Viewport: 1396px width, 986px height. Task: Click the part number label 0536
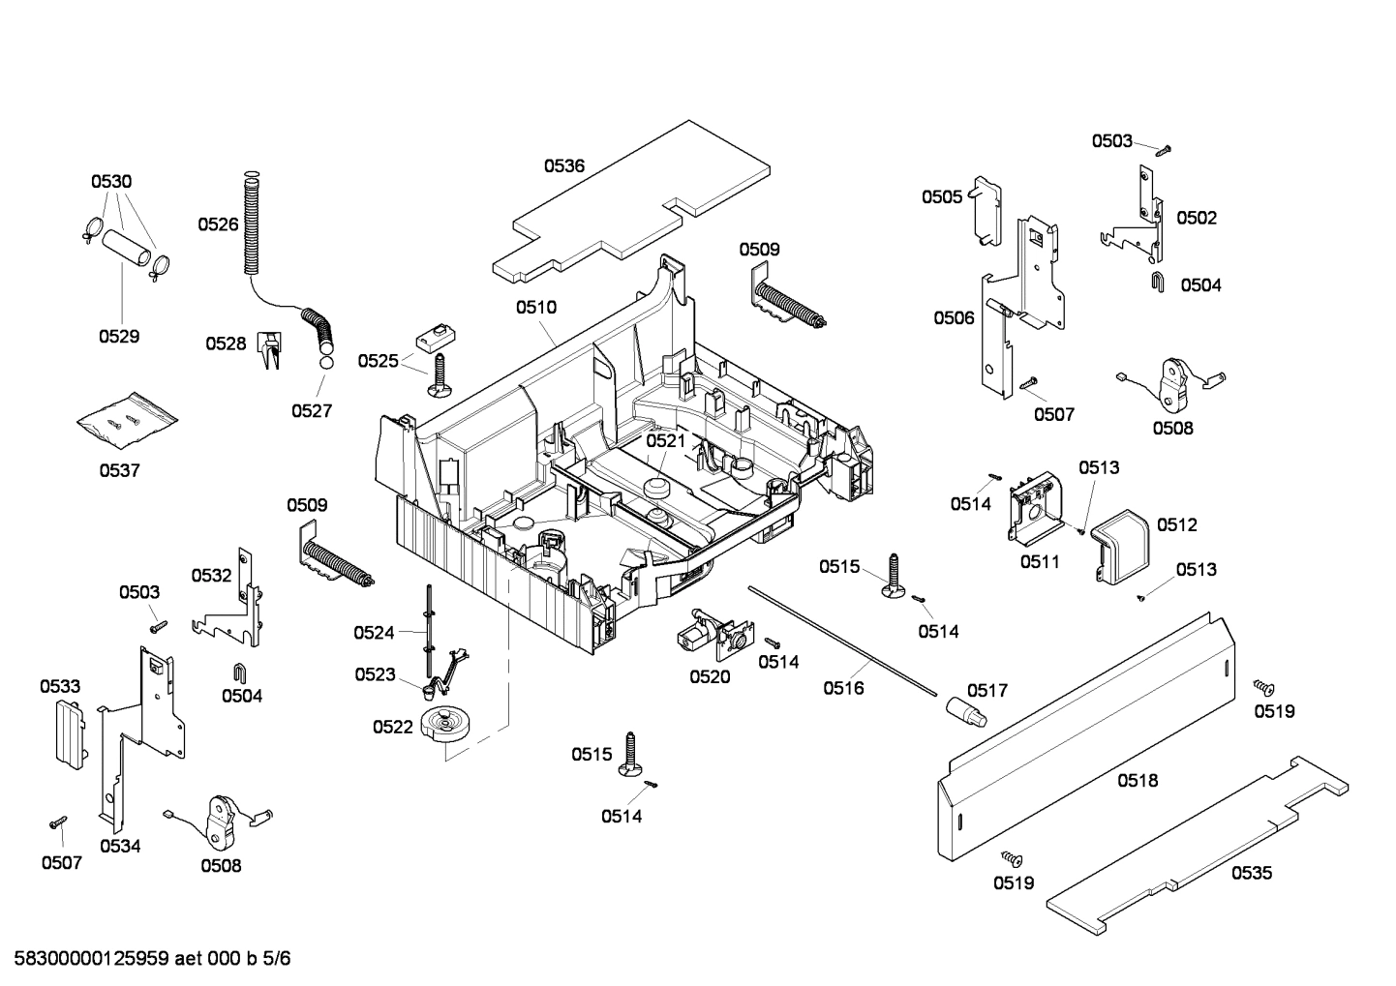(x=563, y=165)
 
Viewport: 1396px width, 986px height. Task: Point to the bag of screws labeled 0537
(x=127, y=418)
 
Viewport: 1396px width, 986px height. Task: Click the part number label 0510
(x=535, y=308)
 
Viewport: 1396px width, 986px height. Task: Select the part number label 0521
(x=666, y=440)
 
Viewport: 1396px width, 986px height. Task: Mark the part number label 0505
(x=941, y=197)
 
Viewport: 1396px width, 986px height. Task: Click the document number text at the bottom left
(x=146, y=959)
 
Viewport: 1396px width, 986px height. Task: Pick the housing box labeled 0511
(x=1034, y=508)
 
